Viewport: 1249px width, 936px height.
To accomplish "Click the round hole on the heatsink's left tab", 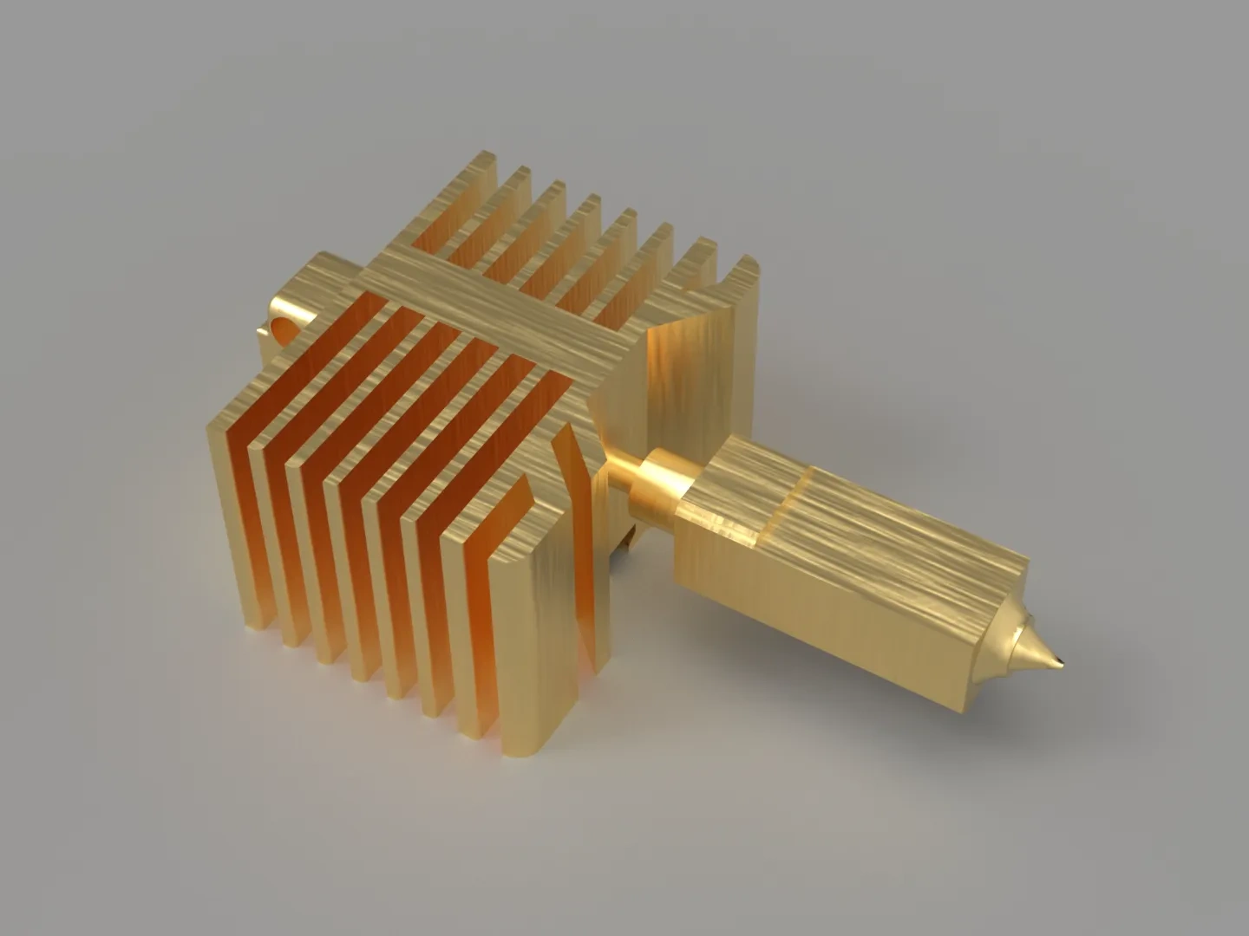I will pos(283,328).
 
